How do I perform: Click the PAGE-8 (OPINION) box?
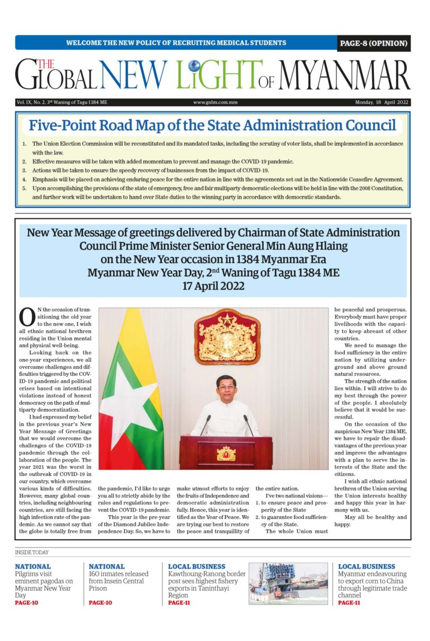(373, 43)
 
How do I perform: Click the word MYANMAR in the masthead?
(344, 76)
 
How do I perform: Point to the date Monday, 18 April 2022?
(382, 102)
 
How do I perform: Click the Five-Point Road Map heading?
(212, 125)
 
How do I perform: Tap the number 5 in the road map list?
(24, 189)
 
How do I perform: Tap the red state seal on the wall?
(227, 336)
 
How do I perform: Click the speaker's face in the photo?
(226, 387)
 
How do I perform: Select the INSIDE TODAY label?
(32, 553)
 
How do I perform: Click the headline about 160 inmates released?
(119, 581)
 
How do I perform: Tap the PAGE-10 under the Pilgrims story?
(27, 603)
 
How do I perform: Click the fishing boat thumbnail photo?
(288, 583)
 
